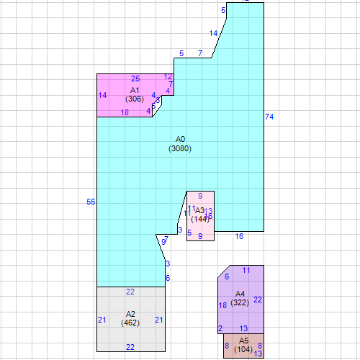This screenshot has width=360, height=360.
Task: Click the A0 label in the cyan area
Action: [x=181, y=138]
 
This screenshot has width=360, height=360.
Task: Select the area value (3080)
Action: [x=181, y=148]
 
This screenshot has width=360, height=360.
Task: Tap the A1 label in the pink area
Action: [x=135, y=90]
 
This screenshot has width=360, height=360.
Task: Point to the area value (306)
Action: [x=135, y=99]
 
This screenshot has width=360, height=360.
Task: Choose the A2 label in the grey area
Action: [x=130, y=314]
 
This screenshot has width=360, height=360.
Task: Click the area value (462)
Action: [x=130, y=323]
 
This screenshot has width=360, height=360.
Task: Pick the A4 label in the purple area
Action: [x=240, y=294]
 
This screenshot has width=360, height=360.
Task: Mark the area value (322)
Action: [x=240, y=303]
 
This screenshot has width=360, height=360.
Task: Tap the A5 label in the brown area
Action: [x=243, y=340]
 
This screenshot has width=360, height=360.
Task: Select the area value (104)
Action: [x=243, y=349]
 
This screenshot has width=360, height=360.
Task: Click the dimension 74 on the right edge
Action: [x=269, y=117]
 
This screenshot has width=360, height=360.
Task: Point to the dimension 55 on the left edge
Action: [x=91, y=202]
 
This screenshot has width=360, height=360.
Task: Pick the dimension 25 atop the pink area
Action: [x=135, y=78]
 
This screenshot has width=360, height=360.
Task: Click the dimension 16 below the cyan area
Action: [x=239, y=236]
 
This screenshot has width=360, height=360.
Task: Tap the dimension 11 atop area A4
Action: [x=246, y=270]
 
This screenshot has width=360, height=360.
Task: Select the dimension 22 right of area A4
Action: [x=258, y=300]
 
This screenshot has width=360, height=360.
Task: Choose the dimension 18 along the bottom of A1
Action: [x=125, y=113]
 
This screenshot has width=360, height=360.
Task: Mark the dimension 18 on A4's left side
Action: [x=222, y=306]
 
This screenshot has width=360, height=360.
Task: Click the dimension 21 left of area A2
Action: [x=102, y=320]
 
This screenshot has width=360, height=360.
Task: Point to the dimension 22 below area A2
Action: [x=130, y=347]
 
